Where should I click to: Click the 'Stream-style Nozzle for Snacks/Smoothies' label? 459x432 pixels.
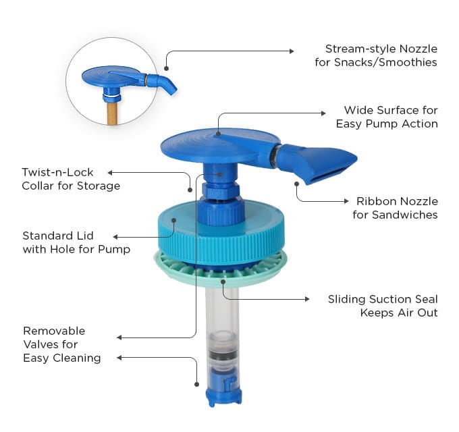pyautogui.click(x=376, y=55)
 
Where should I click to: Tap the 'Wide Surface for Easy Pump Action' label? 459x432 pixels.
pyautogui.click(x=387, y=117)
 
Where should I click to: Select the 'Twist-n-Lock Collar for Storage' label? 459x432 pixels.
pyautogui.click(x=71, y=179)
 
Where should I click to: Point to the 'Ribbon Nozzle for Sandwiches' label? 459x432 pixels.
pyautogui.click(x=395, y=208)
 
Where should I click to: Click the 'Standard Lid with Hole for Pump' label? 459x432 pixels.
pyautogui.click(x=76, y=242)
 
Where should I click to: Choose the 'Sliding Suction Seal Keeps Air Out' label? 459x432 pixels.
pyautogui.click(x=383, y=306)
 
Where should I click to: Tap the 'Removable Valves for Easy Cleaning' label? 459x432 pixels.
pyautogui.click(x=62, y=344)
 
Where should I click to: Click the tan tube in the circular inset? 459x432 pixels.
pyautogui.click(x=113, y=113)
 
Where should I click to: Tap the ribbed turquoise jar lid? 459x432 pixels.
pyautogui.click(x=221, y=234)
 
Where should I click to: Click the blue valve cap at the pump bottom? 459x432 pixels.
pyautogui.click(x=223, y=396)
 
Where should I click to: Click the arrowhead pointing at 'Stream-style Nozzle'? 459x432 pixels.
pyautogui.click(x=292, y=51)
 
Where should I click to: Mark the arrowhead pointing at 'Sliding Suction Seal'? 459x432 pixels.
pyautogui.click(x=307, y=299)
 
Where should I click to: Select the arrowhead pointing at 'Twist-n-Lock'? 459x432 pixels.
pyautogui.click(x=110, y=173)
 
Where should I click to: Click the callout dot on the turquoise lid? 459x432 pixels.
pyautogui.click(x=174, y=220)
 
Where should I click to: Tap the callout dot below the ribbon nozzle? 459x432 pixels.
pyautogui.click(x=296, y=184)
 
